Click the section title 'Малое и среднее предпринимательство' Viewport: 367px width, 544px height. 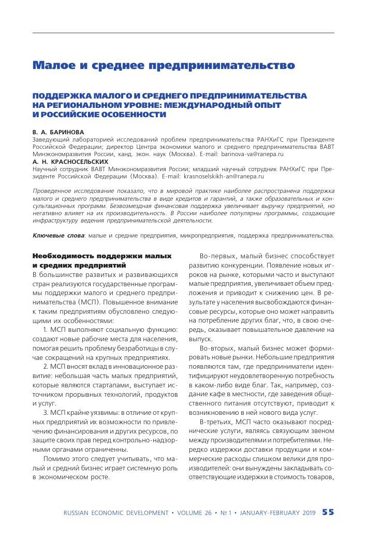164,65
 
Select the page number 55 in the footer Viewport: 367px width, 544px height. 328,512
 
